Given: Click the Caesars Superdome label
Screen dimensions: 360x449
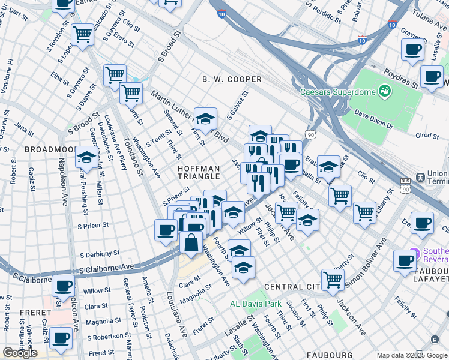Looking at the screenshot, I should (337, 92).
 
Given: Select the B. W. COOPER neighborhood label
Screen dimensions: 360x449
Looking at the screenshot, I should (232, 79).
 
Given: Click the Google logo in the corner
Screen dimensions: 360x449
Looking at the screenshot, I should (20, 353).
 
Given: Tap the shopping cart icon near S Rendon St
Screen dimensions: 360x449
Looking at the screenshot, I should (82, 35).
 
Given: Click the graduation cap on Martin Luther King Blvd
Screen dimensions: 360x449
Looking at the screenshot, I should (205, 119).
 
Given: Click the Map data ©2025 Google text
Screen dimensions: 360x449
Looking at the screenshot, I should (411, 355).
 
